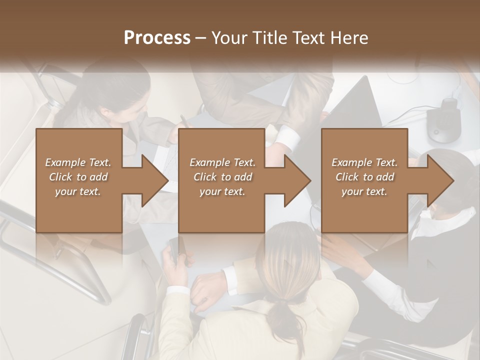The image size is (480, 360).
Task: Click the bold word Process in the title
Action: [x=157, y=37]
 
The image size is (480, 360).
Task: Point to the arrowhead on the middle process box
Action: [x=296, y=180]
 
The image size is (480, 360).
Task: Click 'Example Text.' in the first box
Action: [x=78, y=162]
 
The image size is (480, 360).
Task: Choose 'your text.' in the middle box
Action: [x=222, y=191]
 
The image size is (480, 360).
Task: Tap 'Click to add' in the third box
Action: [x=365, y=177]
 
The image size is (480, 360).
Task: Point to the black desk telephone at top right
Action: [x=444, y=120]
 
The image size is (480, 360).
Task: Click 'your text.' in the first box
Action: [x=78, y=191]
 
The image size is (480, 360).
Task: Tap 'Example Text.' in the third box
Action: [x=365, y=162]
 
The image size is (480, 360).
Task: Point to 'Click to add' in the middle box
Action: [x=222, y=177]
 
